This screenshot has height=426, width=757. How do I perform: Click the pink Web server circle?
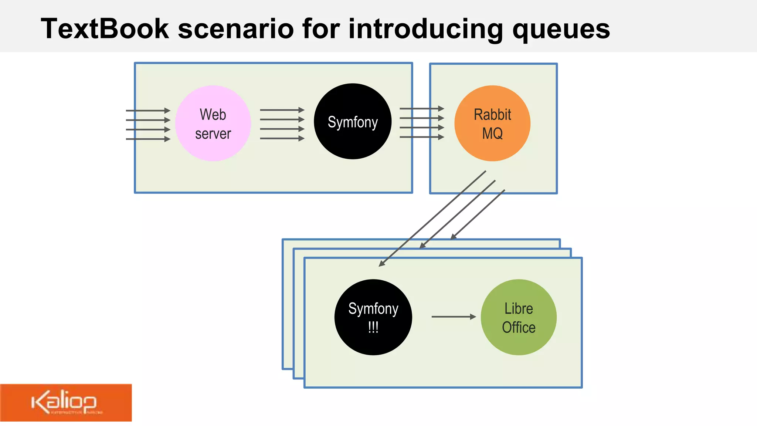[x=213, y=124]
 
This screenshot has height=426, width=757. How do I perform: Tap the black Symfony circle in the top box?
[x=352, y=122]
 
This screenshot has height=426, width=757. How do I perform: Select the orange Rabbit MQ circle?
[x=492, y=124]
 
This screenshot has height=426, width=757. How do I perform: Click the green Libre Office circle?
[x=519, y=317]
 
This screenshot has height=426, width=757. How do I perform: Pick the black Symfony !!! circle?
[x=373, y=317]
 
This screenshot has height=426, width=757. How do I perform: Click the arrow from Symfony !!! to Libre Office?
[x=453, y=317]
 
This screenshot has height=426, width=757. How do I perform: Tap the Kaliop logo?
[x=65, y=403]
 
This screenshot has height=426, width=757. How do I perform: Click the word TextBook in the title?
[x=105, y=29]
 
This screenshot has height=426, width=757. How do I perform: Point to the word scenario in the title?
[x=236, y=29]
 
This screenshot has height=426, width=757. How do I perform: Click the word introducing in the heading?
[x=425, y=29]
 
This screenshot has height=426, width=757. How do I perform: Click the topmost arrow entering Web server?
[x=148, y=111]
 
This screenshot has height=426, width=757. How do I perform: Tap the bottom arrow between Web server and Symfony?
[x=282, y=138]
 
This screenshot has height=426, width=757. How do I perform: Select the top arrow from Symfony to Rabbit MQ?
[x=421, y=109]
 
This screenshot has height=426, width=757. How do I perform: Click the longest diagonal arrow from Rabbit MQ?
[x=432, y=218]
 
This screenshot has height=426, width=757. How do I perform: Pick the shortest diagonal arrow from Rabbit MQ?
[x=478, y=214]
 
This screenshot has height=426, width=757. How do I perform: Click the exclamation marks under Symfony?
[x=373, y=328]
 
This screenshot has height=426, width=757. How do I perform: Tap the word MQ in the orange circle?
[x=492, y=133]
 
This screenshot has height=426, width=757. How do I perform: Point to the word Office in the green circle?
[x=519, y=328]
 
